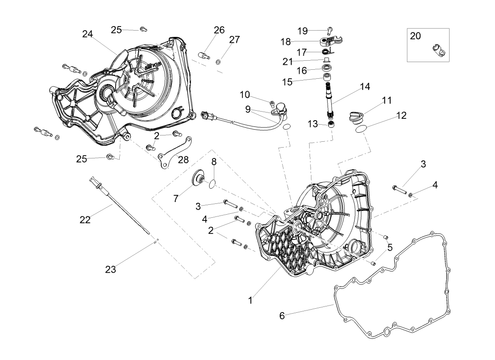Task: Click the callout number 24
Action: click(87, 34)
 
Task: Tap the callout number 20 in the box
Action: click(415, 36)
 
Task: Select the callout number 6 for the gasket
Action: click(282, 315)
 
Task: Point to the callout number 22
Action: click(85, 220)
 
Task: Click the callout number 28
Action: click(183, 160)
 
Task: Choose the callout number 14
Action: click(365, 86)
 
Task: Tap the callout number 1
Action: click(250, 300)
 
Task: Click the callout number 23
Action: click(111, 270)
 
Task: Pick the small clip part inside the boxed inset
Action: click(438, 50)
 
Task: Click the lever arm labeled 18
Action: click(330, 41)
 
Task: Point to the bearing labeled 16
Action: click(326, 67)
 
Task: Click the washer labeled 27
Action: click(218, 62)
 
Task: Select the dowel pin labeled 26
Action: click(204, 56)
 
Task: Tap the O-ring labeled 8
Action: click(213, 184)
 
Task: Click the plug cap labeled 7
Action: click(199, 178)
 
